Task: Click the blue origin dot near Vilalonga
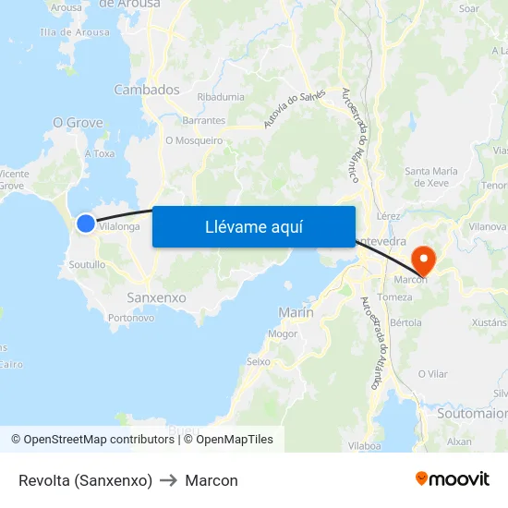85,224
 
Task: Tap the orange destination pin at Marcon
425,258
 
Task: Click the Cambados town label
146,90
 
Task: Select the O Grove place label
78,122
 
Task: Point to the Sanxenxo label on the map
156,298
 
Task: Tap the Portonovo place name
130,318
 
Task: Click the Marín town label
296,313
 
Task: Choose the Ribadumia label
221,97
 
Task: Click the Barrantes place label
203,120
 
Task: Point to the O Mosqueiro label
194,140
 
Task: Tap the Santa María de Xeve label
431,176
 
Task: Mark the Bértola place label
405,323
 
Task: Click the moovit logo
452,479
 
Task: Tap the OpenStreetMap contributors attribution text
92,440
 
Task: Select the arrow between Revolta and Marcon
168,480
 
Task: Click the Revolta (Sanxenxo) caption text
85,480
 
